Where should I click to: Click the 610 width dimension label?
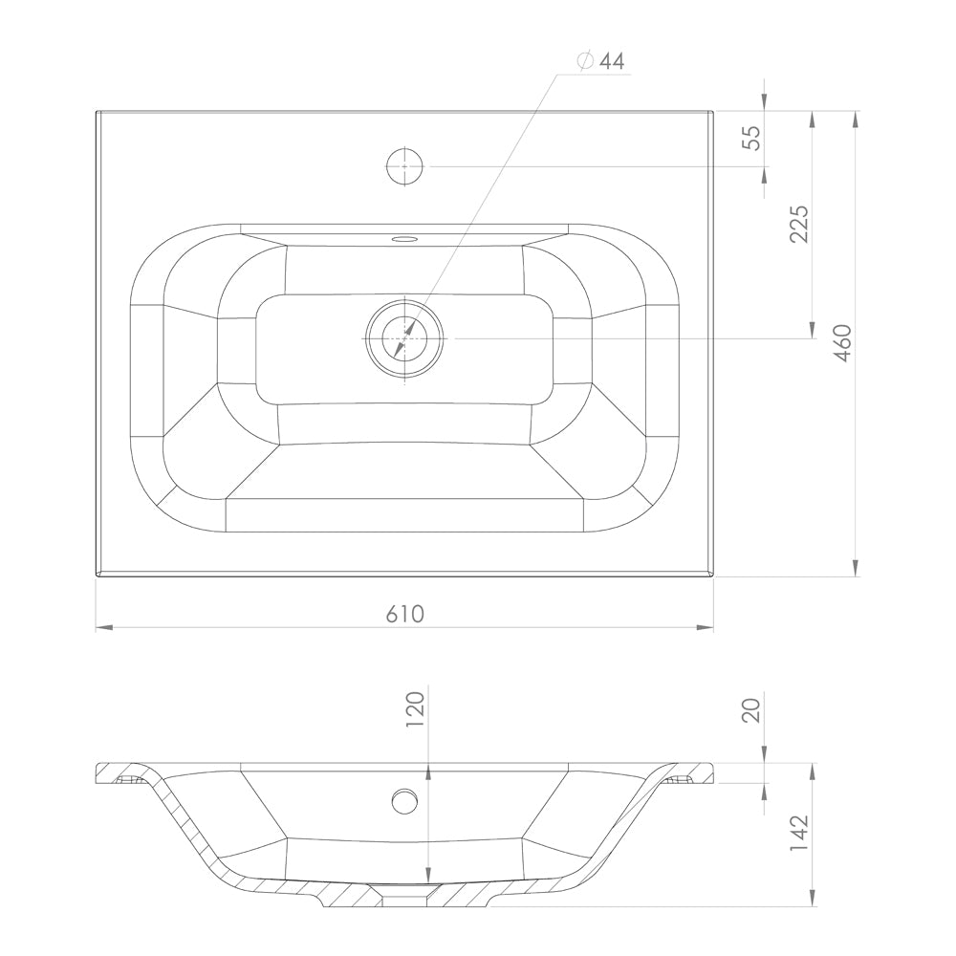(x=404, y=614)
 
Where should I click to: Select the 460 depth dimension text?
(x=842, y=343)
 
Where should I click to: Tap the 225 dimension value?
(x=798, y=224)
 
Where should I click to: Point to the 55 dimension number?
(x=751, y=138)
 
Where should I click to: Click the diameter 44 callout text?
(x=600, y=61)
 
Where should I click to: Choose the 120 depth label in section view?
(x=415, y=708)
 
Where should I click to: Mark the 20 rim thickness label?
(x=751, y=710)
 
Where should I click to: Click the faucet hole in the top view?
(x=404, y=165)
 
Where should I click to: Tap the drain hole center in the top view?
(x=404, y=337)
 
